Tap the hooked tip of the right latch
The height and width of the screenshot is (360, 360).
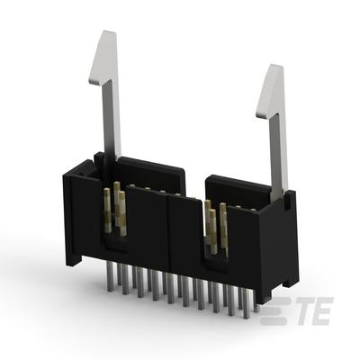270,88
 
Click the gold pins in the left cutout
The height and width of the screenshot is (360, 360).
118,209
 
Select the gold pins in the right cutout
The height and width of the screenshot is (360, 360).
216,230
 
